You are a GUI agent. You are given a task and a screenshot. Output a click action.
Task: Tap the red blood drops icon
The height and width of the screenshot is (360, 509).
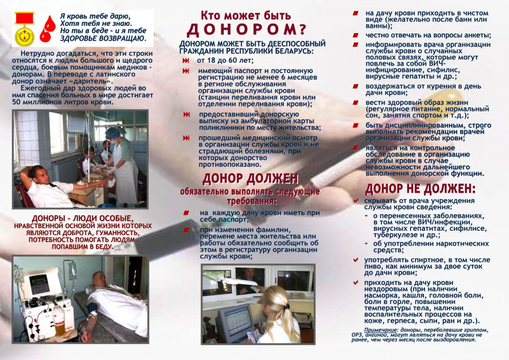coord(48,29)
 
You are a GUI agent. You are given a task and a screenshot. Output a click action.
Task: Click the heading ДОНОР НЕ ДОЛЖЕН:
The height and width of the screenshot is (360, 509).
coord(420,189)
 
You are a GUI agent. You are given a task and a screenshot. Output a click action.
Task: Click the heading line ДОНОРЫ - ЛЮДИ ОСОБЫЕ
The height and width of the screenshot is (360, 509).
coord(83,218)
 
